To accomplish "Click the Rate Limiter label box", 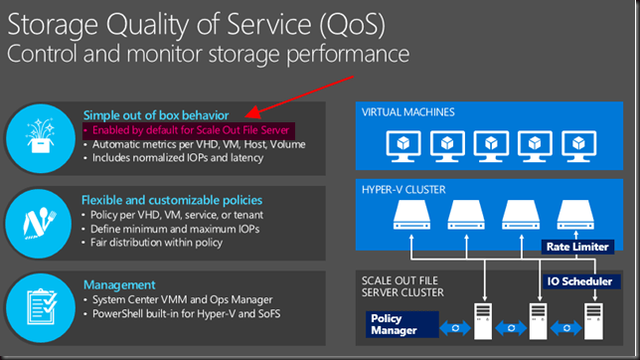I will (x=575, y=246).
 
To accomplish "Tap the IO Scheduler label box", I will (x=579, y=281).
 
